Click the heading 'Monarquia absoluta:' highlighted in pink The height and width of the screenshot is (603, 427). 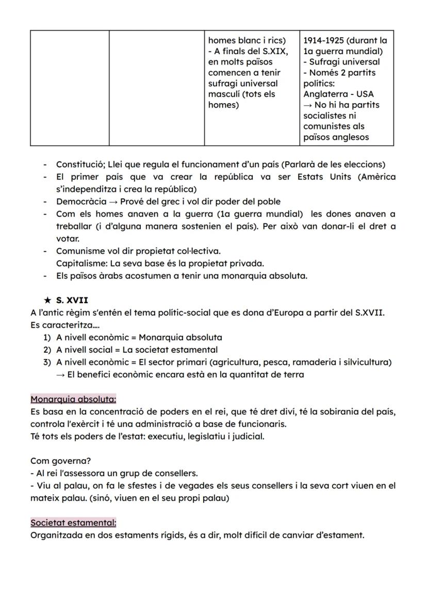pyautogui.click(x=73, y=399)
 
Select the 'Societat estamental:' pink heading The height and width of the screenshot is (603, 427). pyautogui.click(x=73, y=523)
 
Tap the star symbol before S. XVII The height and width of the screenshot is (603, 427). pyautogui.click(x=47, y=300)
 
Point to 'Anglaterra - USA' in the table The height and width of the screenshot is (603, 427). pyautogui.click(x=338, y=94)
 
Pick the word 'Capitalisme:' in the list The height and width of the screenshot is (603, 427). pyautogui.click(x=80, y=263)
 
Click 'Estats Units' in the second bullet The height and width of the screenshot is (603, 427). pyautogui.click(x=324, y=177)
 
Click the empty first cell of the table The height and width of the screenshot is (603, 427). pyautogui.click(x=69, y=88)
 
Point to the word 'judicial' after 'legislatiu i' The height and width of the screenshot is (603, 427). pyautogui.click(x=247, y=436)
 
